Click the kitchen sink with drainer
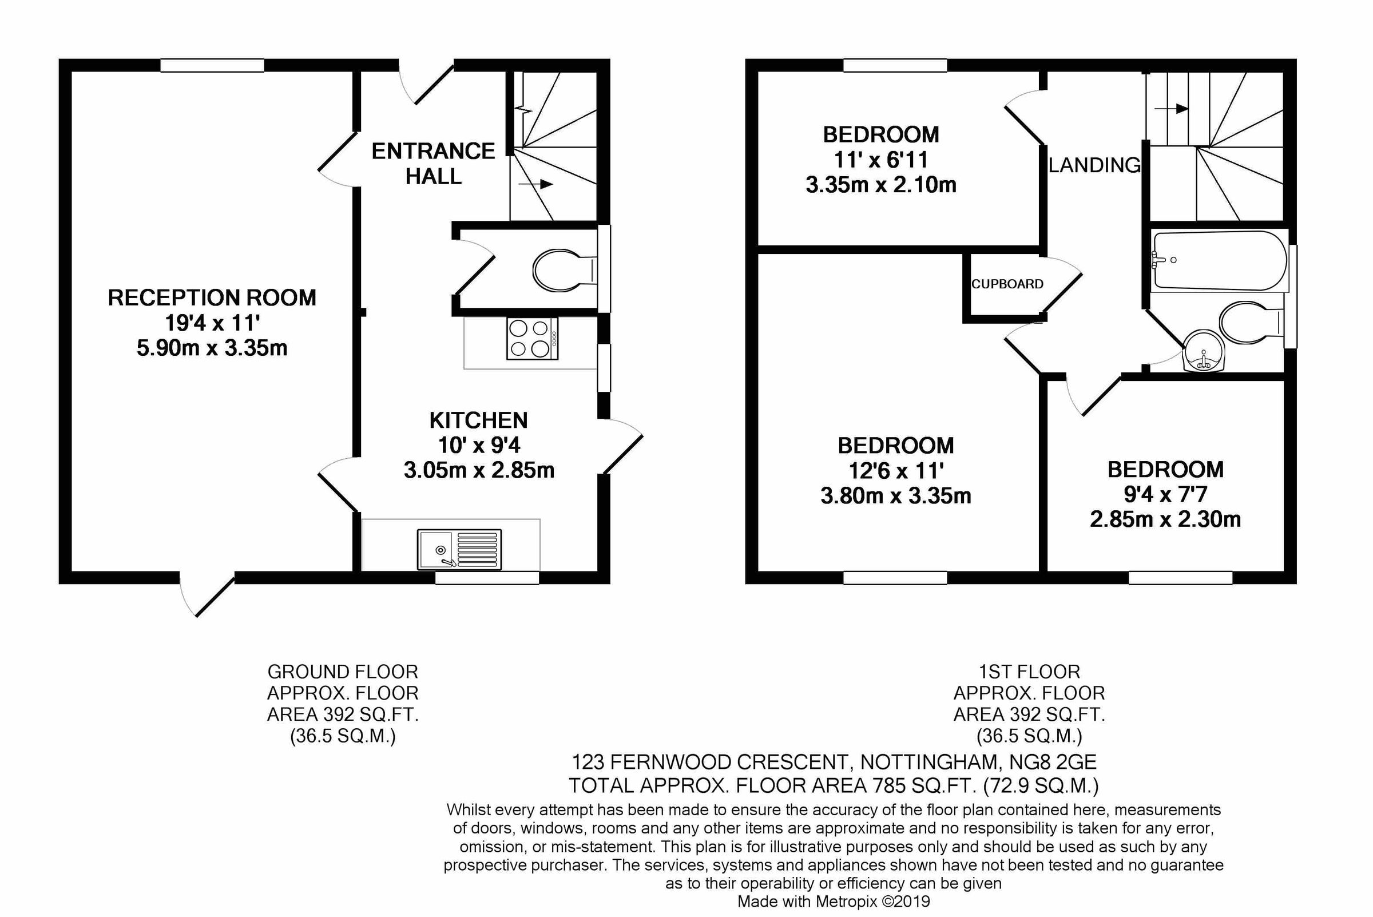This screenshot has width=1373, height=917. pos(459,549)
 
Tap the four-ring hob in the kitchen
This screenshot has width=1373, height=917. pos(532,338)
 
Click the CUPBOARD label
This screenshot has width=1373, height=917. pos(1007,284)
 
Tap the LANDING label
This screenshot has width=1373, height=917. pos(1094,165)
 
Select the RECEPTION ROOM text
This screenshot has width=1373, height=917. pos(212,297)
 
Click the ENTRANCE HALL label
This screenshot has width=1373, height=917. pos(432,163)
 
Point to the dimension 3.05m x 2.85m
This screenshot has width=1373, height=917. pos(478,470)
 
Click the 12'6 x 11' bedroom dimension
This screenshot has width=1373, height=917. pos(895,470)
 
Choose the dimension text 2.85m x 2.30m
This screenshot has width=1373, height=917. pos(1165,519)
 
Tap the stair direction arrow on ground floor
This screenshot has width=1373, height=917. pos(535,184)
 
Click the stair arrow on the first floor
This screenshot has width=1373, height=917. pos(1171,109)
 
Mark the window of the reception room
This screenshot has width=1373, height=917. pos(212,65)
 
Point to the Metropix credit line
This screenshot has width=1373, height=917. pos(834,901)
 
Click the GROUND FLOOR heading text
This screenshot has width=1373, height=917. pos(342,672)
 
